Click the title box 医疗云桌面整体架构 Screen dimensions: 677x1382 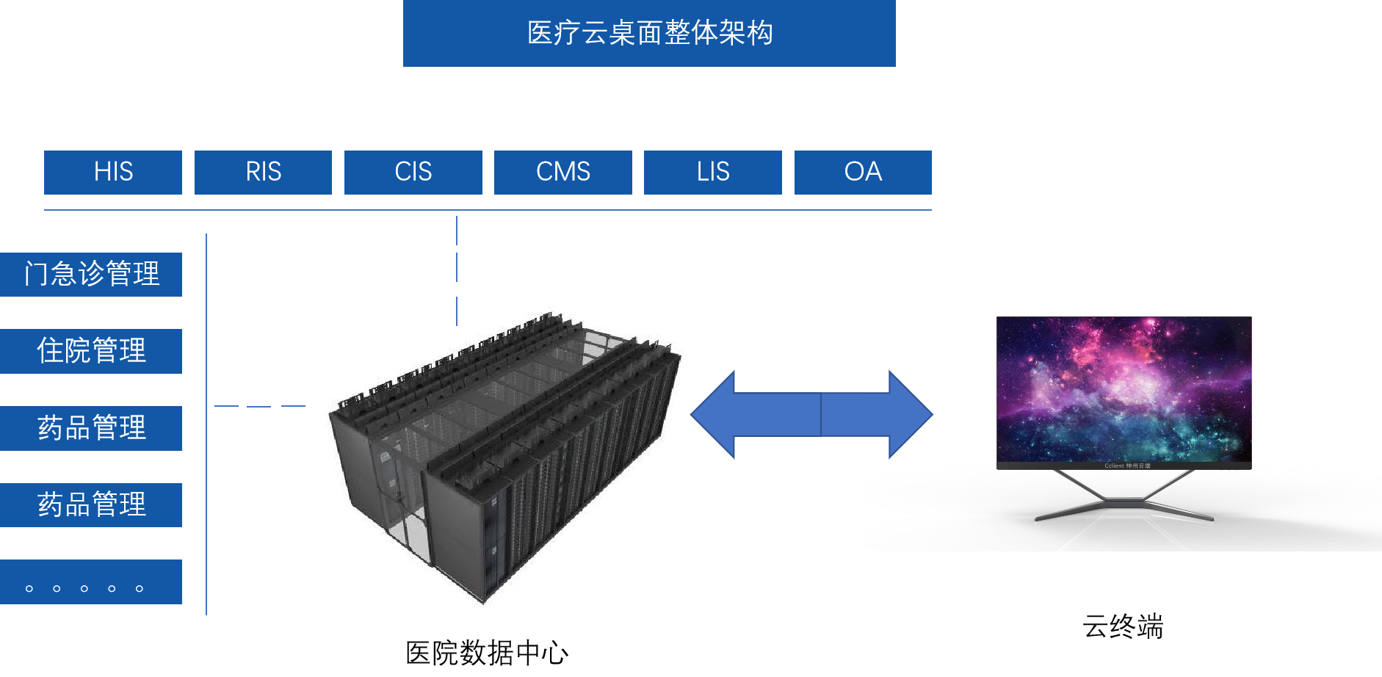point(649,33)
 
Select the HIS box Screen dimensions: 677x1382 point(113,173)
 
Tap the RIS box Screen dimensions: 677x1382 point(263,173)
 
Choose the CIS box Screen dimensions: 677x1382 point(413,173)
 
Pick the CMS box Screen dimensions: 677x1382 point(562,173)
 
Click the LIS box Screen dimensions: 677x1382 point(712,173)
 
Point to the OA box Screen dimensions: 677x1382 point(863,173)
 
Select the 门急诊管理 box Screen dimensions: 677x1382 point(91,275)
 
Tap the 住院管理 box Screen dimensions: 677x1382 point(91,351)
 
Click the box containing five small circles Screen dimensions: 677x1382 point(91,582)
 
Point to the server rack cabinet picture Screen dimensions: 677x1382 point(502,459)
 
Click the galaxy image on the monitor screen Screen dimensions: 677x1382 point(1124,389)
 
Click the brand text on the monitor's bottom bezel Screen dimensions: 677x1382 point(1127,466)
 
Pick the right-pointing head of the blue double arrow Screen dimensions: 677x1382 point(908,415)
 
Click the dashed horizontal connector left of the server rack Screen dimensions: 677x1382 point(259,406)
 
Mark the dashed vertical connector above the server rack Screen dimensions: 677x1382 point(457,268)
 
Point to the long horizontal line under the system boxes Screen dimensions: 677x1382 point(488,210)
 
